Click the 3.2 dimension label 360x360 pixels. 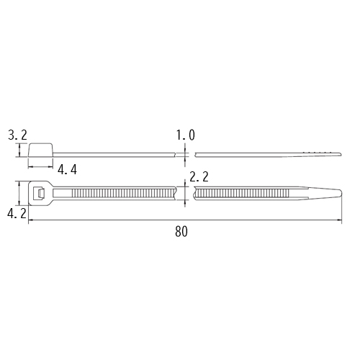click(17, 135)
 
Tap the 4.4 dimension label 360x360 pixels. click(67, 170)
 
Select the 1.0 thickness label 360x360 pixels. click(186, 135)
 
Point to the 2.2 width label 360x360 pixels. click(199, 177)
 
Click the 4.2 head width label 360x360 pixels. click(17, 213)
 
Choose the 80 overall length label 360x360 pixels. click(181, 232)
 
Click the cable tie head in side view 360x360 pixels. click(41, 150)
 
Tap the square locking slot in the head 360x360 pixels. click(39, 193)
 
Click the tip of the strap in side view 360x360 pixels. click(340, 154)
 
